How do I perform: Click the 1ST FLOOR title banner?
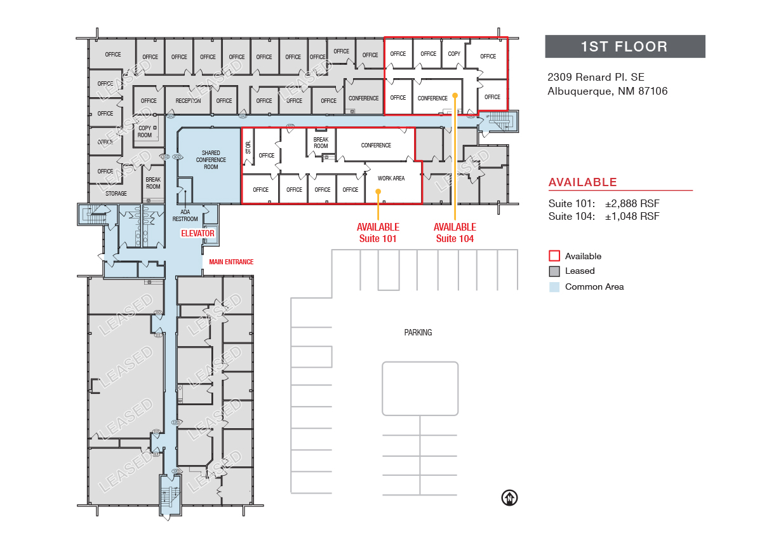(625, 46)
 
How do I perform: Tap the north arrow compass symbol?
(509, 497)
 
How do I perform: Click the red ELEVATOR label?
(198, 234)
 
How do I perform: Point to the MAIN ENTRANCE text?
(231, 262)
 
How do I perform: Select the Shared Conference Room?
(211, 160)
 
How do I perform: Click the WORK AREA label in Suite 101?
(391, 179)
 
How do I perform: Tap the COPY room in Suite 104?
(454, 54)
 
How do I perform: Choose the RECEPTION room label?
(188, 101)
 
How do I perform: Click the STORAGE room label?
(116, 194)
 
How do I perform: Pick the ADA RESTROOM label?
(185, 215)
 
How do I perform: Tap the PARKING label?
(418, 332)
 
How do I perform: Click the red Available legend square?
(554, 256)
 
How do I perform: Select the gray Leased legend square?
(554, 271)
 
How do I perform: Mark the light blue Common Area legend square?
(554, 287)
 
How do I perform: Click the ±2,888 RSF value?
(632, 204)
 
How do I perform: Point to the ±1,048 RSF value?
(632, 216)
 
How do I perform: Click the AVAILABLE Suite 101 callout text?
(378, 233)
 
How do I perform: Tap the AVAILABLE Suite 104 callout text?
(455, 233)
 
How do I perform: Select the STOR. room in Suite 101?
(248, 147)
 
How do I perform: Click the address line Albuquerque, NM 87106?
(607, 91)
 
